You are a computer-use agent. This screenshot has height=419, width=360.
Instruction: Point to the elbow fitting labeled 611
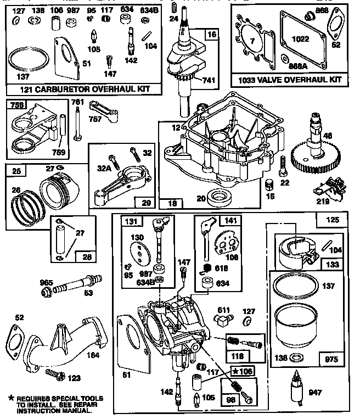pyautogui.click(x=224, y=315)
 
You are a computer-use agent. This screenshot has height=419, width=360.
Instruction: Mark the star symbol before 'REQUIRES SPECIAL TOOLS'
pyautogui.click(x=10, y=397)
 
